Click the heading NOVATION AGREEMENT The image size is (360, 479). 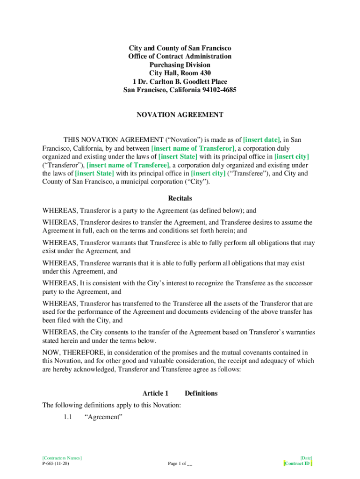pos(180,115)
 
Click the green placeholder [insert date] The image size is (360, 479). pos(262,140)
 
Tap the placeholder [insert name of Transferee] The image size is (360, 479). pos(128,165)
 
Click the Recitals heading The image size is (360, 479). pos(180,198)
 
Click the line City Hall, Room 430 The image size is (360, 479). pos(180,73)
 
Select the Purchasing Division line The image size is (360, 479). pos(180,65)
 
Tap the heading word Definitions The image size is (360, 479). pos(201,393)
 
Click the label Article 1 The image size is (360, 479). pos(155,393)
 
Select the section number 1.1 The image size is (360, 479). pos(68,417)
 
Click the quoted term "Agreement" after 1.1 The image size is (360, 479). pos(103,417)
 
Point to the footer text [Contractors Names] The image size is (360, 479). pos(62,457)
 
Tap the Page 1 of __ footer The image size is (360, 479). pos(180,464)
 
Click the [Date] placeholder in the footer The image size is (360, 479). pos(306,457)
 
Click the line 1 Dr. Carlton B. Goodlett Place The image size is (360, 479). pos(180,81)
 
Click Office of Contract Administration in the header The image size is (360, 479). pos(180,56)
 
